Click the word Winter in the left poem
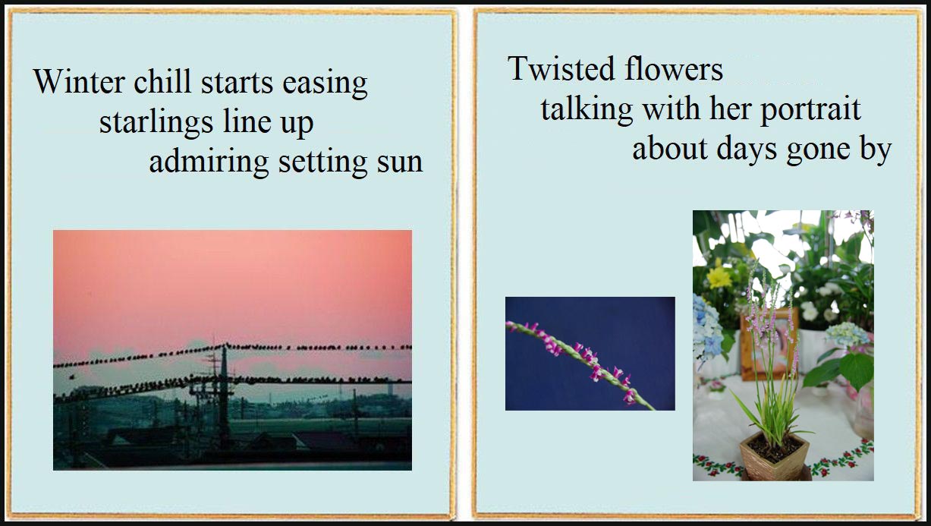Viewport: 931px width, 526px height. (80, 81)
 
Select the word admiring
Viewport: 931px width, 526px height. (209, 163)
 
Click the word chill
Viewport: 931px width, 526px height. (162, 80)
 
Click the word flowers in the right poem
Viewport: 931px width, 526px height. (674, 68)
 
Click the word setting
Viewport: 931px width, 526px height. (323, 163)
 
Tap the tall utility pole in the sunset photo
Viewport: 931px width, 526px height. (225, 395)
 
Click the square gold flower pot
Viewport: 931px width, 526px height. (774, 455)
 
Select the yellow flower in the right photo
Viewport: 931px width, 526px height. (719, 277)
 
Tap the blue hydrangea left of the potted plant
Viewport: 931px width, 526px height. (707, 329)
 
